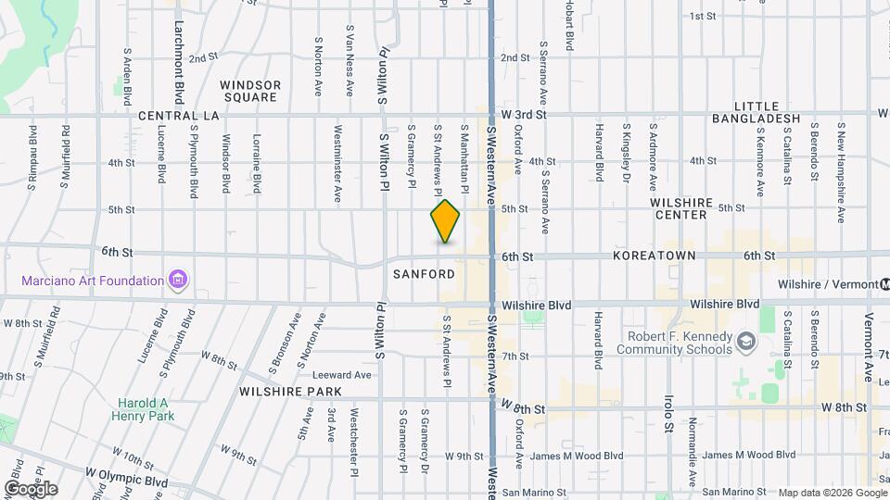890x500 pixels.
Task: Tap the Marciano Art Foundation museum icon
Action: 179,280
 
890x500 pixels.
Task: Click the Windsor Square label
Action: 250,91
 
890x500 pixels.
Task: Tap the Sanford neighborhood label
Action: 424,274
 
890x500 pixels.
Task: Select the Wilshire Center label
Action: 685,208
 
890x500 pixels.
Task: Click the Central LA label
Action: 178,117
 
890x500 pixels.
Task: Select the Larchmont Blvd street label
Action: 178,62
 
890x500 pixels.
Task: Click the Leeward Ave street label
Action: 341,375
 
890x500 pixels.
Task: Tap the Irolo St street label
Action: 667,414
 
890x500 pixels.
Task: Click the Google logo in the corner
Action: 31,488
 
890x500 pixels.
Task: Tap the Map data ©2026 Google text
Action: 832,492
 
